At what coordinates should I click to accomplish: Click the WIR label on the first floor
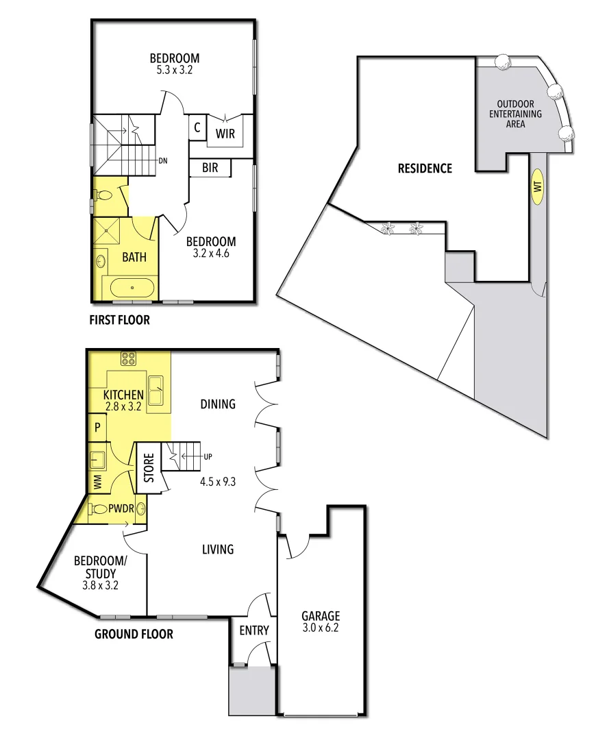tap(225, 134)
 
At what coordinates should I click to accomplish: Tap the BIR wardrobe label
tap(210, 166)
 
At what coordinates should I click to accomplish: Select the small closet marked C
tap(197, 127)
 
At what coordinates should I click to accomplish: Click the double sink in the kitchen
tap(156, 391)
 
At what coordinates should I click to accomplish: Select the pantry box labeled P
tap(98, 428)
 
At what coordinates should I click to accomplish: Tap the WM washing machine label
tap(97, 481)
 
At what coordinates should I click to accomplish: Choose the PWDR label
tap(119, 509)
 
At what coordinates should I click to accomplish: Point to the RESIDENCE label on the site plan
tap(425, 168)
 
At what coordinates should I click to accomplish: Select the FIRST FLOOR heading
tap(119, 320)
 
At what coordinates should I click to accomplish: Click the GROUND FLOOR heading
tap(134, 634)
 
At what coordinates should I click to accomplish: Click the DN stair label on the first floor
tap(163, 161)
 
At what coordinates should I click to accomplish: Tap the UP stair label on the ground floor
tap(208, 456)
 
